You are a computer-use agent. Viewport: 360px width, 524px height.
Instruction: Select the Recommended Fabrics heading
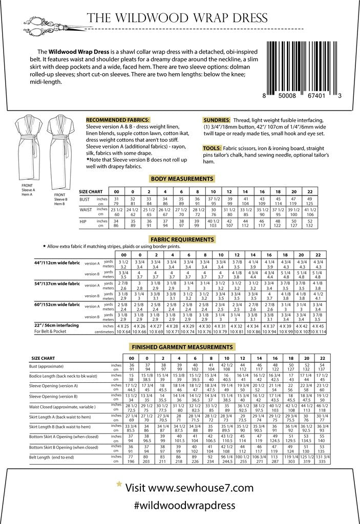tap(118, 119)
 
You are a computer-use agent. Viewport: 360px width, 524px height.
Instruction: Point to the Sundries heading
tap(216, 119)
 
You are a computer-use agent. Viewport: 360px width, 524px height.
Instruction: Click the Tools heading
tap(211, 148)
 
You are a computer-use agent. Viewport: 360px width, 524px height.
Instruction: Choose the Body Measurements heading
tap(182, 179)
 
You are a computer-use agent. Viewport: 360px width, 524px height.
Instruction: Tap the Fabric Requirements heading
tap(182, 239)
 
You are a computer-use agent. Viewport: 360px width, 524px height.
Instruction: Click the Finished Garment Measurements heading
tap(182, 346)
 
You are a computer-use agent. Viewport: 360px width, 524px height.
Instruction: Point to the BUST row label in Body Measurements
tap(86, 199)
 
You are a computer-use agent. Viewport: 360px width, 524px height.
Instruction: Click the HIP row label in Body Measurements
tap(83, 221)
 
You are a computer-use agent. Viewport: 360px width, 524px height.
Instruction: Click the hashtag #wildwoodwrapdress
tap(187, 504)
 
